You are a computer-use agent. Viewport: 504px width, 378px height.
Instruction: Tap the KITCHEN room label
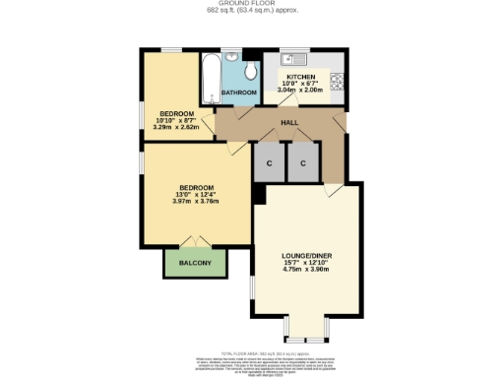[x=300, y=76]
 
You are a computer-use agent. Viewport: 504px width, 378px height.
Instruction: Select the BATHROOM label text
[x=238, y=93]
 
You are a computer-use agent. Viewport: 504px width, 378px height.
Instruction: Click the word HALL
[x=290, y=122]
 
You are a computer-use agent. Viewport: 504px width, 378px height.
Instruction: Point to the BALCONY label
[x=195, y=263]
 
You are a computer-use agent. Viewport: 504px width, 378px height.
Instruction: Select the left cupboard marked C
[x=268, y=162]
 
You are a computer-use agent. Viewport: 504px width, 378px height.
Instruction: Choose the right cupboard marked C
[x=304, y=162]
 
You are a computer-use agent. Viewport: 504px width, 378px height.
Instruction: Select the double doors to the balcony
[x=194, y=243]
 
